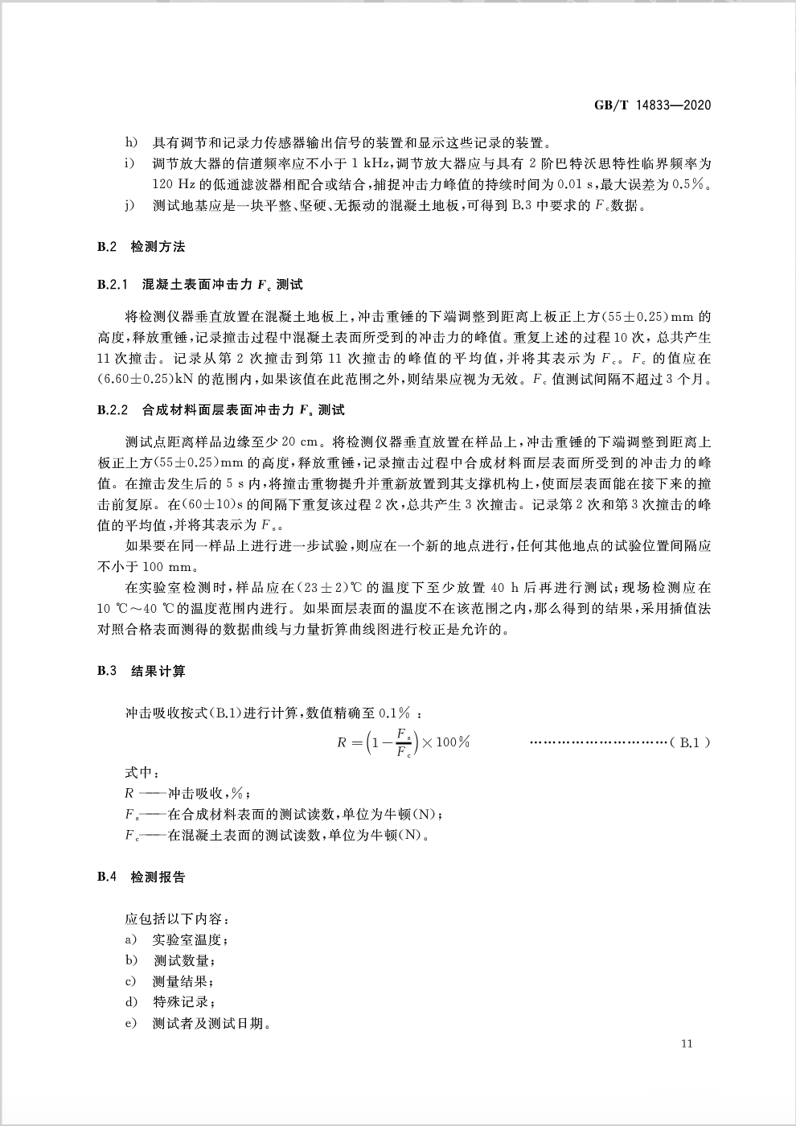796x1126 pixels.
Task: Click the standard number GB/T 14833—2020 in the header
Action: pos(653,105)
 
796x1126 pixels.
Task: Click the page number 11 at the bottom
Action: pos(687,1044)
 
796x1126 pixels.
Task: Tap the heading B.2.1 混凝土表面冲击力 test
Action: pos(200,285)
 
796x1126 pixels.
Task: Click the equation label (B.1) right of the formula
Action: pos(690,742)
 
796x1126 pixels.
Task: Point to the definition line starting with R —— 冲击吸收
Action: pos(193,794)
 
